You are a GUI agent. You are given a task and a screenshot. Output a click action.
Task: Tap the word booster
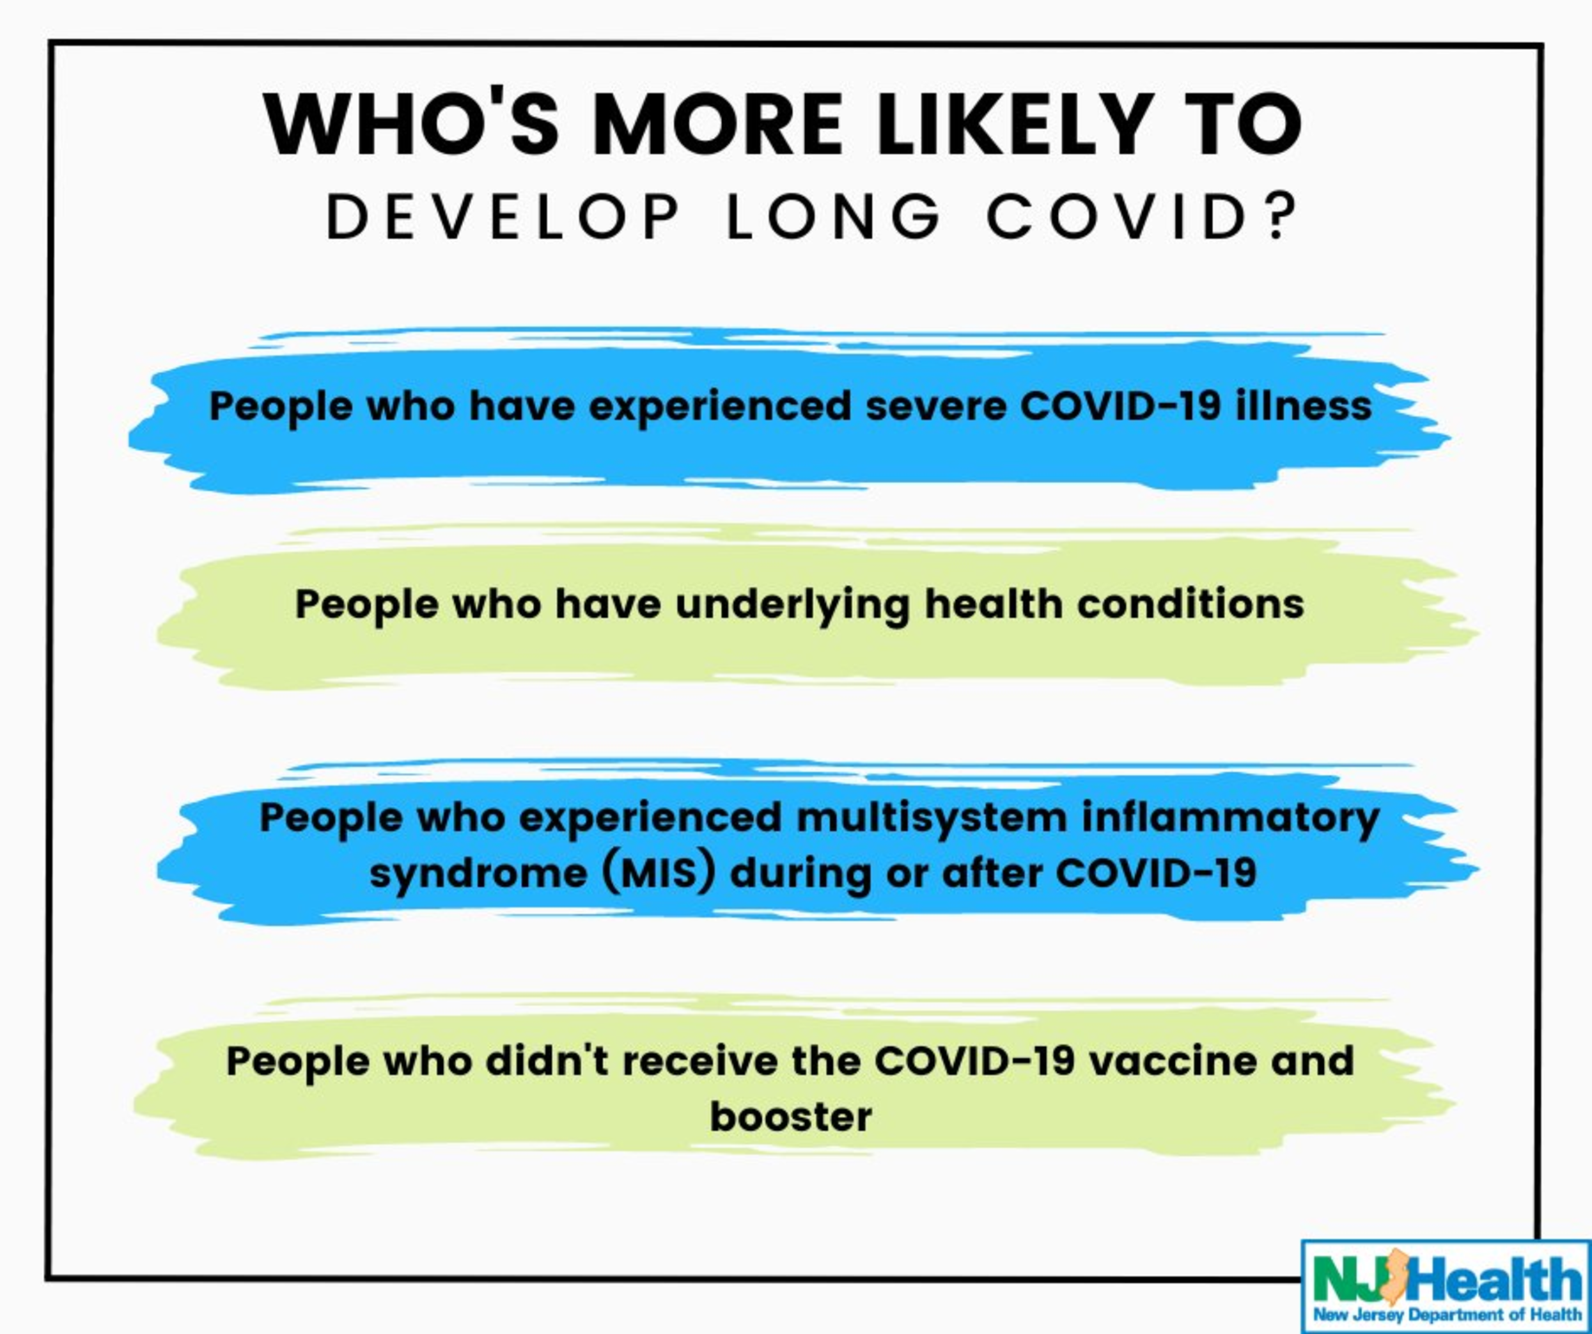coord(790,1117)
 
